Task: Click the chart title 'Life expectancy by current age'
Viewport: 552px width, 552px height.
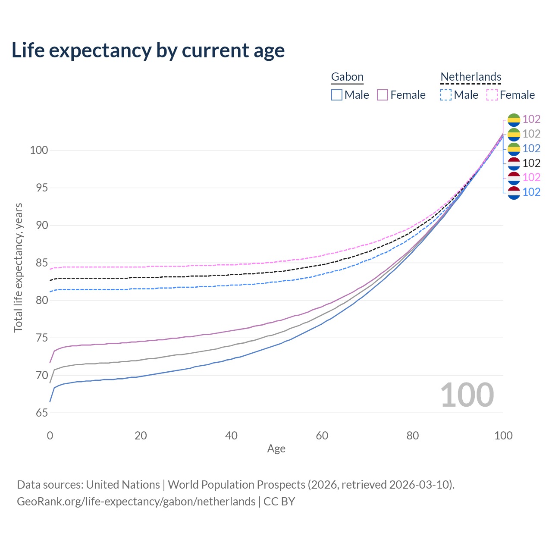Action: click(148, 50)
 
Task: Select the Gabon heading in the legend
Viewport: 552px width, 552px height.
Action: click(347, 77)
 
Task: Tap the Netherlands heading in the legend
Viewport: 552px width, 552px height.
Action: click(471, 77)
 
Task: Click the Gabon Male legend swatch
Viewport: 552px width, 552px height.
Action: click(337, 95)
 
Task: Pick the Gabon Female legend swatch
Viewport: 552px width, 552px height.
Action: click(383, 95)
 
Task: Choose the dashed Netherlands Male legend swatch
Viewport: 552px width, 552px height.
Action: click(446, 95)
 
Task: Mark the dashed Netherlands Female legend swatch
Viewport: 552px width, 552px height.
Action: click(492, 95)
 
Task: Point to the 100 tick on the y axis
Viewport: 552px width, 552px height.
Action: click(38, 151)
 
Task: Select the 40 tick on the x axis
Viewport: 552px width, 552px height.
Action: click(231, 436)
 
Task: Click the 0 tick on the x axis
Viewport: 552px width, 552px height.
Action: click(50, 436)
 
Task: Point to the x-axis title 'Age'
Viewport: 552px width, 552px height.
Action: click(276, 449)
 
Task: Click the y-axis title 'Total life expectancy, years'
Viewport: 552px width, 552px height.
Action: click(18, 268)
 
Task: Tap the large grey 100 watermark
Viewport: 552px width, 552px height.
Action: click(467, 395)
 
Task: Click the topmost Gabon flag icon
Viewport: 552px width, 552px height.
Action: click(514, 119)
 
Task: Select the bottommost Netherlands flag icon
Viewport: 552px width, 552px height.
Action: click(514, 192)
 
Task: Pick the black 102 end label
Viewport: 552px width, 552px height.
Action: click(531, 163)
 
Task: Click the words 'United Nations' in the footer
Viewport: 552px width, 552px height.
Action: click(123, 485)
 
